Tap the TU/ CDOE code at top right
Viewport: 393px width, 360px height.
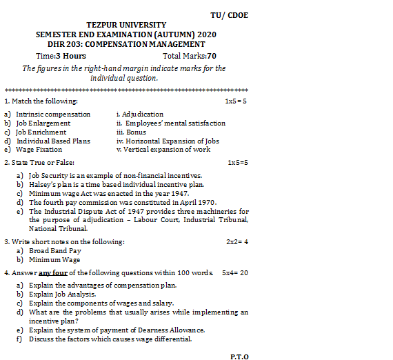230,15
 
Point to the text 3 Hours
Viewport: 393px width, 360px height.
71,56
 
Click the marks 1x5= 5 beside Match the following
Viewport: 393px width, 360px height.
236,101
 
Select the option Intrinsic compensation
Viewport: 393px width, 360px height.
53,114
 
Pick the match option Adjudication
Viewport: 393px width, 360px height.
143,114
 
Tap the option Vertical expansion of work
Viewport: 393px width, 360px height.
166,149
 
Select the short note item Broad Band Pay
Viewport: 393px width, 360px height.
55,251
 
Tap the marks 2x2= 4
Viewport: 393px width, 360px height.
237,242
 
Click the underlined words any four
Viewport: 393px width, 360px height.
52,272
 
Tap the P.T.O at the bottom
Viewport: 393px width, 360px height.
239,357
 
